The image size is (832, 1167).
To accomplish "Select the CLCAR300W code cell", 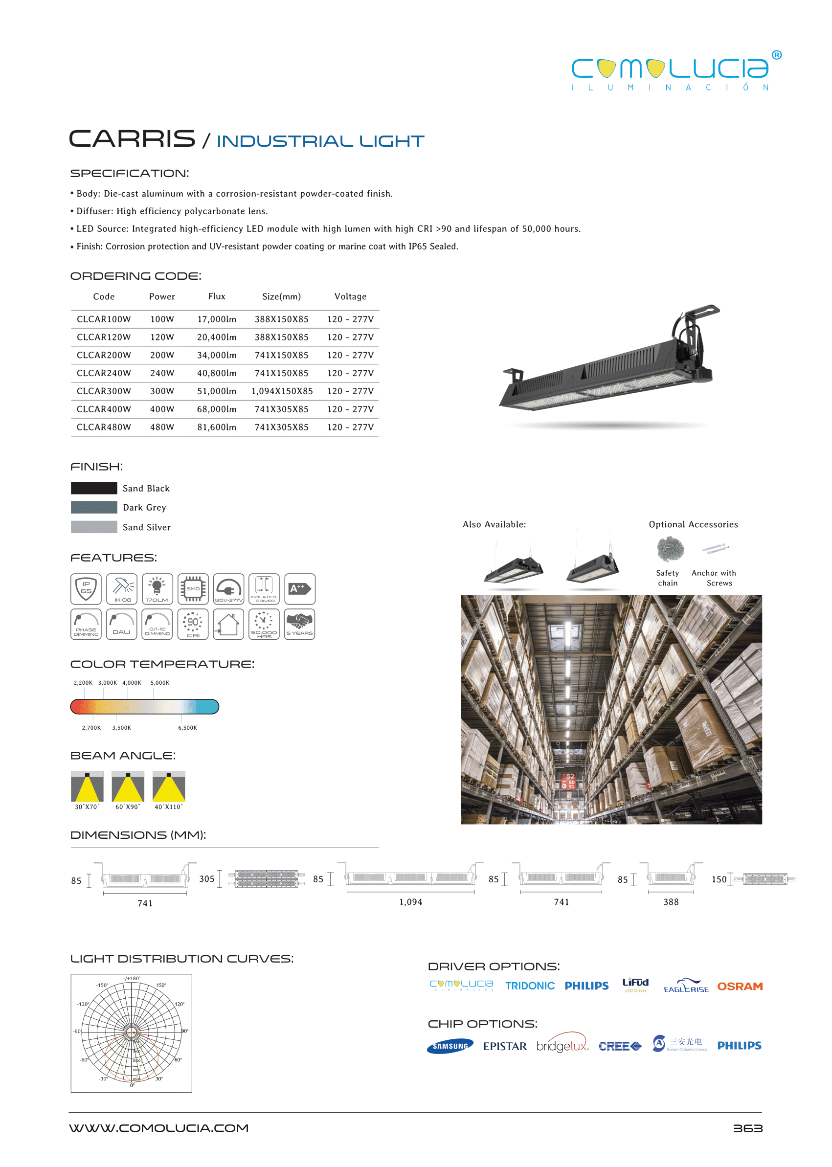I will (x=104, y=391).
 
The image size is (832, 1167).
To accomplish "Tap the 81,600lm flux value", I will (x=217, y=426).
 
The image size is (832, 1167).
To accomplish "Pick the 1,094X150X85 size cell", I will (x=282, y=391).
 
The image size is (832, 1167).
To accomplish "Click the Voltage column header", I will (x=350, y=296).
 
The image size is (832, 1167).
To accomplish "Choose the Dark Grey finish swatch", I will (x=94, y=507).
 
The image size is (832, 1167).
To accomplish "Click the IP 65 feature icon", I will (x=86, y=588).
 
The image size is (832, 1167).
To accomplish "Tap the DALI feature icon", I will (x=121, y=624).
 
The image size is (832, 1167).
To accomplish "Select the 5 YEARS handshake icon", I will (x=300, y=624).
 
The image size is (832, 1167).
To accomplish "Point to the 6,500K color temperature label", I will (x=187, y=727).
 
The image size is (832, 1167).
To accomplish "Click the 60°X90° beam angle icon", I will (x=128, y=786).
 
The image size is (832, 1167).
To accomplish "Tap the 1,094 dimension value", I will (x=410, y=901).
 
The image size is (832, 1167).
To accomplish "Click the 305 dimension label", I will (x=206, y=878).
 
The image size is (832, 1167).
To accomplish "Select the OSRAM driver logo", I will (x=740, y=986).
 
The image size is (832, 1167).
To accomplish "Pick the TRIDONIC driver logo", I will (x=530, y=986).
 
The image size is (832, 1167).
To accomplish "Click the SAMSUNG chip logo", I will (x=450, y=1046).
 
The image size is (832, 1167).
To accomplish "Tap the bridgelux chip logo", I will (x=562, y=1046).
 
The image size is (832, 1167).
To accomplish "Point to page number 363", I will (x=747, y=1128).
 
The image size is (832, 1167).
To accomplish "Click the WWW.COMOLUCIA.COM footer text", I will (x=159, y=1128).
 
